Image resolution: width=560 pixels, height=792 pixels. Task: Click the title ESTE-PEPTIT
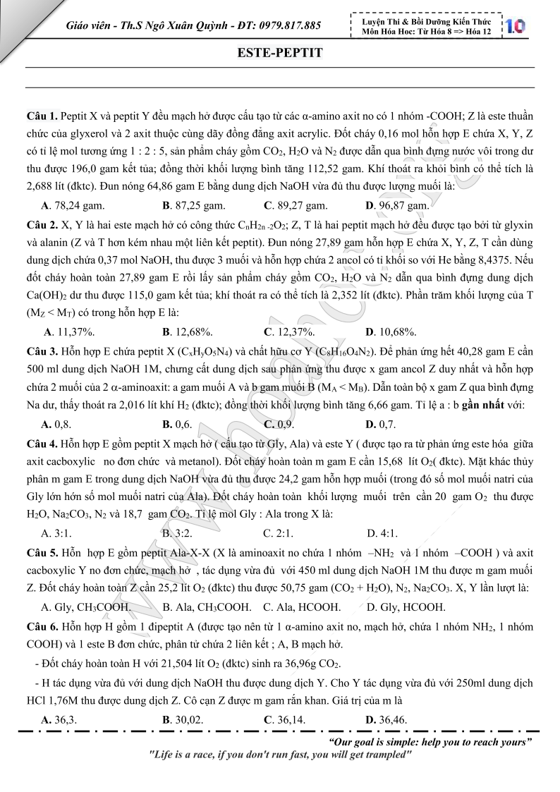point(280,53)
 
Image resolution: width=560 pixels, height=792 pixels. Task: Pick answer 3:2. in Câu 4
point(179,532)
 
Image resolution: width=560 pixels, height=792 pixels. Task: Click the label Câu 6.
point(42,626)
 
